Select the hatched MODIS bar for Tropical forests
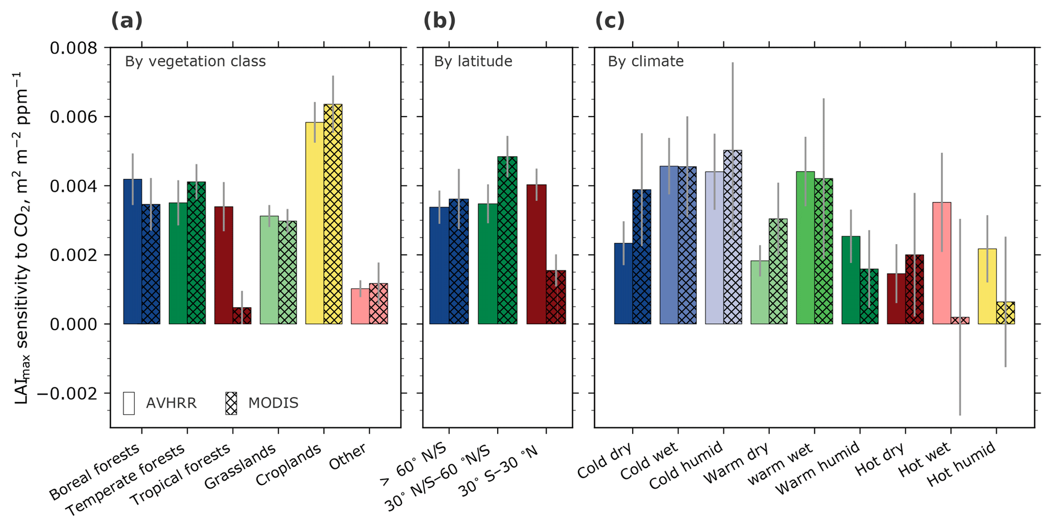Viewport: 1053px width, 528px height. (241, 315)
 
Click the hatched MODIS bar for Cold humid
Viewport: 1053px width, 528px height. (733, 237)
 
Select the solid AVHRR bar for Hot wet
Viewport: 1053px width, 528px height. (941, 263)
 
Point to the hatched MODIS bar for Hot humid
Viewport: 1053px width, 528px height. (1006, 313)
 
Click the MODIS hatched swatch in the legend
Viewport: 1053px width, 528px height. (231, 403)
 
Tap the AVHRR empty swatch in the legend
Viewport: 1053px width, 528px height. (129, 403)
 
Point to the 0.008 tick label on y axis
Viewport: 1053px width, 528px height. (73, 48)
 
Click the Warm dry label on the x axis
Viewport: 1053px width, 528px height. (736, 466)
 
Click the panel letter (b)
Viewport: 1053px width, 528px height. (439, 21)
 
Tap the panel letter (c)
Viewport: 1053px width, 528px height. (609, 21)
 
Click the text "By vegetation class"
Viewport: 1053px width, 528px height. (195, 62)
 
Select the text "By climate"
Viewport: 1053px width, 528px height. (645, 62)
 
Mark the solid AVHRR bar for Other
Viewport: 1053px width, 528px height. (360, 306)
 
